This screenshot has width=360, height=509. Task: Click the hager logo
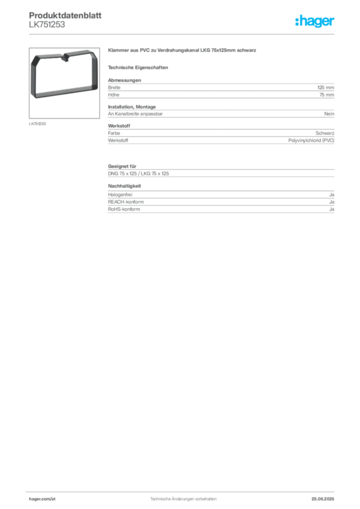pyautogui.click(x=315, y=21)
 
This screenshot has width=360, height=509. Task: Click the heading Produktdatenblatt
pyautogui.click(x=65, y=15)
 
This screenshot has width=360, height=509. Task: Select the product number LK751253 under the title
pyautogui.click(x=47, y=25)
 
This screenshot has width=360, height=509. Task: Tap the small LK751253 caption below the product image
pyautogui.click(x=37, y=124)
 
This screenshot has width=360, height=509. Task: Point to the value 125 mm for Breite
pyautogui.click(x=326, y=87)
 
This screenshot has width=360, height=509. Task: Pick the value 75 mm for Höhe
pyautogui.click(x=327, y=95)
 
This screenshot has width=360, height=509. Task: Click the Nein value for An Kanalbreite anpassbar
pyautogui.click(x=329, y=114)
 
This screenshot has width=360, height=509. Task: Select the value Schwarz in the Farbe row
pyautogui.click(x=325, y=133)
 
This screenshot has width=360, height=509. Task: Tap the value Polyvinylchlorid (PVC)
pyautogui.click(x=311, y=141)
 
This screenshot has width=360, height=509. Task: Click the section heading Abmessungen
pyautogui.click(x=125, y=80)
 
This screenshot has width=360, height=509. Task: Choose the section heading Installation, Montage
pyautogui.click(x=132, y=107)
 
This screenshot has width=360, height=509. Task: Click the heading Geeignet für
pyautogui.click(x=122, y=166)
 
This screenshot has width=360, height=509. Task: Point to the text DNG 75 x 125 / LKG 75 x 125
pyautogui.click(x=139, y=173)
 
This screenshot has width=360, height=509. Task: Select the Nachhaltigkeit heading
pyautogui.click(x=125, y=186)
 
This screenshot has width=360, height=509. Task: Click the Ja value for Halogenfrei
pyautogui.click(x=332, y=195)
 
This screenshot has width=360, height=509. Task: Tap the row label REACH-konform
pyautogui.click(x=126, y=202)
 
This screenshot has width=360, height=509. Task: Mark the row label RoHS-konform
pyautogui.click(x=124, y=209)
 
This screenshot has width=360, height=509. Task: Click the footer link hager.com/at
pyautogui.click(x=42, y=499)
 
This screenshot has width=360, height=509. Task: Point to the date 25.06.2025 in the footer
pyautogui.click(x=323, y=499)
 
